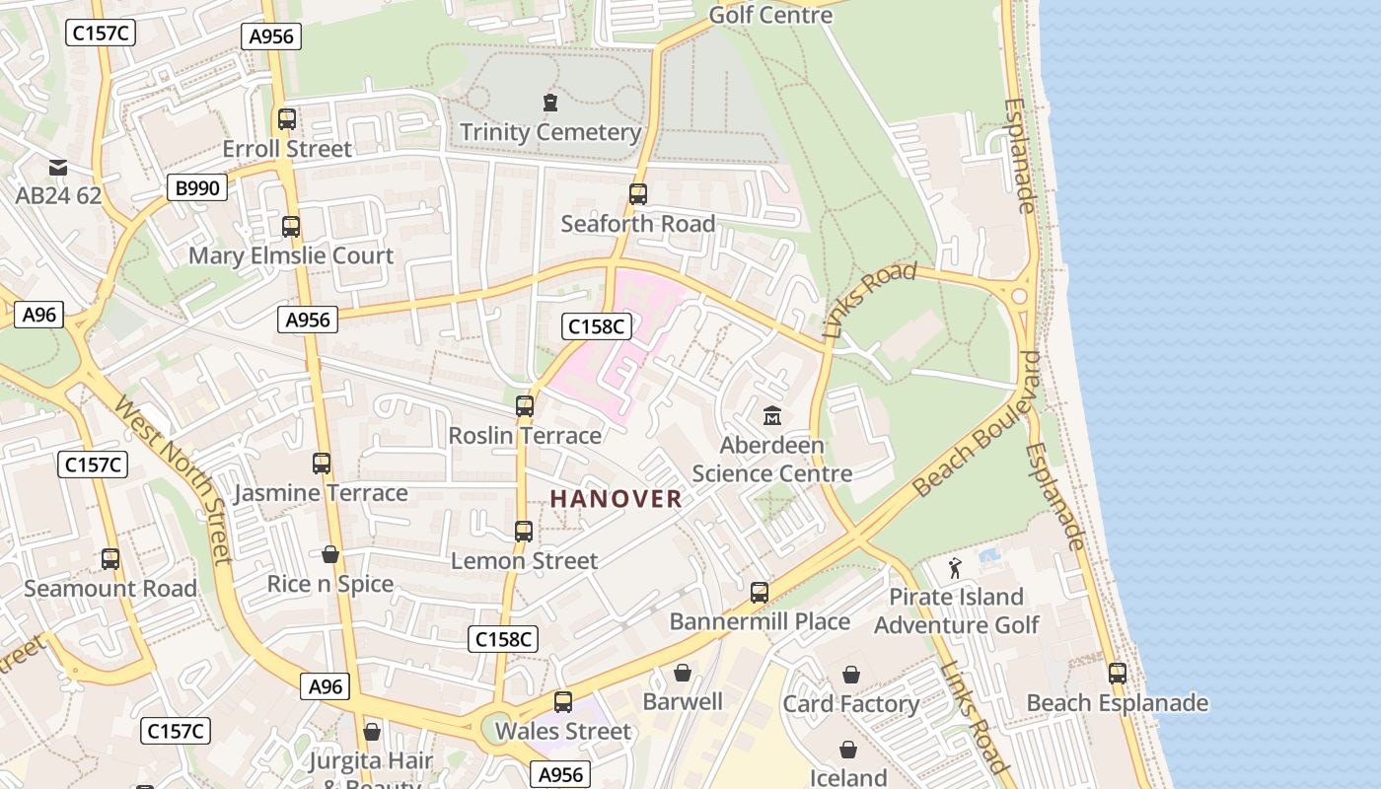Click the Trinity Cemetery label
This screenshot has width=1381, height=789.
(x=550, y=132)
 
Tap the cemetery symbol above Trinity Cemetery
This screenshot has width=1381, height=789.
(x=549, y=102)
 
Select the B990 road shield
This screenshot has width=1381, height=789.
(x=197, y=187)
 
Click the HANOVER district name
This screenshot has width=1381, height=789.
(x=616, y=499)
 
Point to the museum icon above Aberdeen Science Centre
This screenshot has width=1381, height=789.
(x=771, y=415)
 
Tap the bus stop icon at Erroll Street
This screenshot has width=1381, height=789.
(x=287, y=119)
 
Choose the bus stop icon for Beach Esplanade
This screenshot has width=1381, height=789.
(x=1117, y=674)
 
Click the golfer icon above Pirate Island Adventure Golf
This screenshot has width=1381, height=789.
(x=954, y=568)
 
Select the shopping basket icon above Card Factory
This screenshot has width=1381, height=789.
(x=850, y=675)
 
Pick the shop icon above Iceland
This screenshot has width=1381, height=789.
(x=847, y=751)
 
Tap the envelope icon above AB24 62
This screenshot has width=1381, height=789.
(x=58, y=167)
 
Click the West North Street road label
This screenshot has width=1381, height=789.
(x=173, y=479)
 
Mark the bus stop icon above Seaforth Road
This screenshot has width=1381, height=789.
(x=637, y=194)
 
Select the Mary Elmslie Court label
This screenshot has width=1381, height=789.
(x=291, y=256)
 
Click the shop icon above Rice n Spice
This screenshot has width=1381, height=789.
(x=330, y=555)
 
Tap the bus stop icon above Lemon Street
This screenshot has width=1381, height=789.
(x=524, y=532)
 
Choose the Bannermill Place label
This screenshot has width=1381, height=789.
(x=760, y=621)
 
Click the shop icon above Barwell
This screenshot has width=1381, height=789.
(x=682, y=674)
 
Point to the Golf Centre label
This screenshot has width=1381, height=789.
(x=771, y=15)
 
